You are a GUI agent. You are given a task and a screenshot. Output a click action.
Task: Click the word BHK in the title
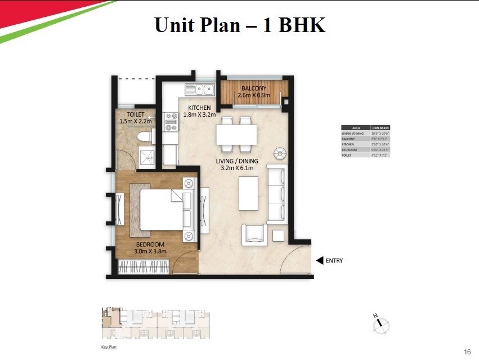[x=301, y=25]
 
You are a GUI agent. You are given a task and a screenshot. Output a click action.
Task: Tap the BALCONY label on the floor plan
[x=254, y=89]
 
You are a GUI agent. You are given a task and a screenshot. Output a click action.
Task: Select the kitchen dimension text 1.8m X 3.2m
[x=199, y=115]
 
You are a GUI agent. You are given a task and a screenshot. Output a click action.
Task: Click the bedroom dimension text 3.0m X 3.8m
[x=150, y=251]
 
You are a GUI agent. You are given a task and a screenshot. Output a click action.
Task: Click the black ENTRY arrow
[x=319, y=260]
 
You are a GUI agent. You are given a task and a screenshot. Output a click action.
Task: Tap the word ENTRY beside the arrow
[x=334, y=261]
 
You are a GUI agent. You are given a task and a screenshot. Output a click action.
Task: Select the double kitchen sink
[x=201, y=89]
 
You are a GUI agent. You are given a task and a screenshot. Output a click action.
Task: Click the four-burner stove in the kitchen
[x=171, y=123]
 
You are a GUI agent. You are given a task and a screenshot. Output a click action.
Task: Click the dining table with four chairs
[x=236, y=135]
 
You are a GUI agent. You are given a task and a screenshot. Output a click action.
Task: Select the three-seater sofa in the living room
[x=276, y=194]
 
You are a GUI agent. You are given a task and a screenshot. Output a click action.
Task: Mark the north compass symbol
[x=381, y=323]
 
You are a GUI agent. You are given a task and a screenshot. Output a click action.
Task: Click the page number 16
[x=467, y=352]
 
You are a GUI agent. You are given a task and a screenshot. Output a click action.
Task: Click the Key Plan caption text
[x=108, y=348]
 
